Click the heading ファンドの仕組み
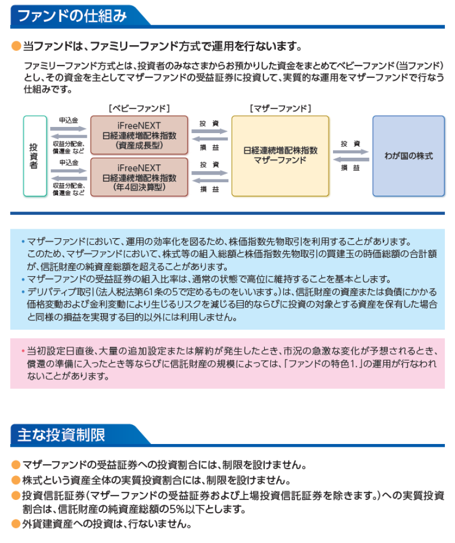72,15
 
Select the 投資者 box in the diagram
35,155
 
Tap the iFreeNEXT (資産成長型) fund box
139,135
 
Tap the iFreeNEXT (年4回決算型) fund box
139,177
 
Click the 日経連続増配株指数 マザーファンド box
280,155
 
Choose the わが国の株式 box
408,155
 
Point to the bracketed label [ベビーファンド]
138,107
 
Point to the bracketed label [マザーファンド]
280,107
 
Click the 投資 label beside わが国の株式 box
350,144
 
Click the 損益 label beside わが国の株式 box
350,168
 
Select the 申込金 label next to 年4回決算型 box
69,163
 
